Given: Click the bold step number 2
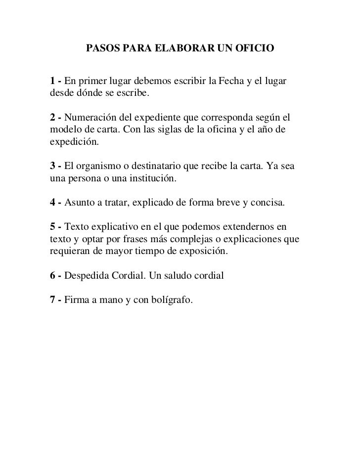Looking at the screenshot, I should pyautogui.click(x=52, y=118).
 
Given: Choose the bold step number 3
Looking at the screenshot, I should pyautogui.click(x=52, y=167).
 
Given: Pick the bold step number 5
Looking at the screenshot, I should pyautogui.click(x=52, y=227).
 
